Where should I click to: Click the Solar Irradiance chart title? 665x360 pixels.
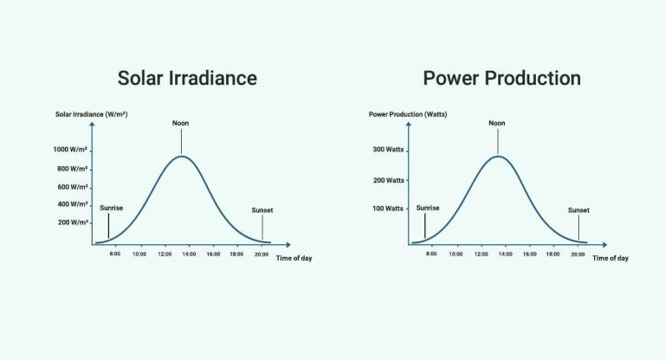coord(187,78)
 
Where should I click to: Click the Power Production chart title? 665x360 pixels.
coord(501,78)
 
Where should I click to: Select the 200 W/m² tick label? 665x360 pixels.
coord(74,222)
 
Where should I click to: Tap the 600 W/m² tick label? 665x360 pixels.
coord(74,187)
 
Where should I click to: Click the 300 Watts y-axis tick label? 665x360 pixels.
coord(389,150)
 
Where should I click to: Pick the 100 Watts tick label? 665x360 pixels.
coord(389,209)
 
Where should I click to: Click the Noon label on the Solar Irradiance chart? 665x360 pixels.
coord(180,123)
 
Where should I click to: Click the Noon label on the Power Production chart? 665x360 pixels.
coord(497,123)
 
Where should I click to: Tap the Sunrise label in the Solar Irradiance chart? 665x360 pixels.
coord(111,208)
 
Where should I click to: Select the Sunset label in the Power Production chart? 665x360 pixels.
coord(578,210)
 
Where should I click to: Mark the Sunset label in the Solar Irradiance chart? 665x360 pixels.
coord(261,210)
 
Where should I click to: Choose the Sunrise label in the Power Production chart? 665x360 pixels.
coord(428,208)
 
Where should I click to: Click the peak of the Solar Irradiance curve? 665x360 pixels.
coord(181,156)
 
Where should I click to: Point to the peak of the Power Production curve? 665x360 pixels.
coord(497,156)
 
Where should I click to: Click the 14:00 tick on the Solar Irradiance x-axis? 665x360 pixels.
coord(188,254)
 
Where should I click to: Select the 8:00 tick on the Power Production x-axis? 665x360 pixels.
coord(430,254)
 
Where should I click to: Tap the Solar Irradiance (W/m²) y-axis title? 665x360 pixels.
coord(92,114)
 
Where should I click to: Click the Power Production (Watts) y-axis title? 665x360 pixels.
coord(408,114)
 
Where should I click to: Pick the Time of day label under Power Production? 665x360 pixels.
coord(610,258)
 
